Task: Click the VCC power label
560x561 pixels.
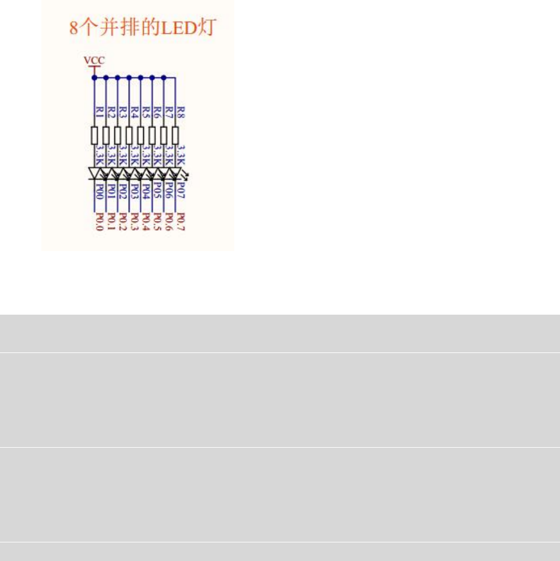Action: coord(93,60)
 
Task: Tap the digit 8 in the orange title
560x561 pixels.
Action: coord(74,28)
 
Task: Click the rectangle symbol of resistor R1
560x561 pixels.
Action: coord(94,135)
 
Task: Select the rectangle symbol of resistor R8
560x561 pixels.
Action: coord(175,135)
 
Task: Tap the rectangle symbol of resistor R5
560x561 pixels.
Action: coord(141,135)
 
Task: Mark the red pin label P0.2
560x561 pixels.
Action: coord(123,222)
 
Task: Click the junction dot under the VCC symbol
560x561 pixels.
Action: coord(94,77)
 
